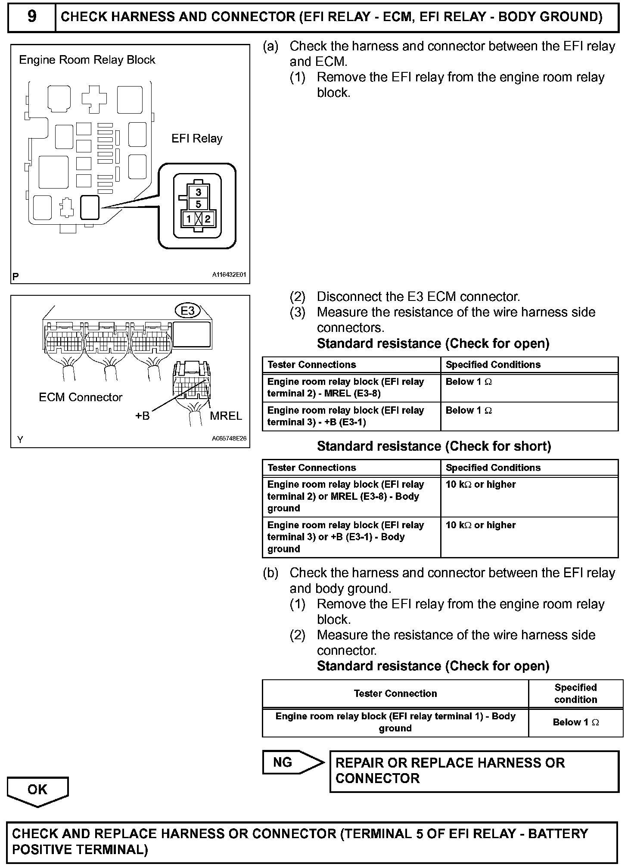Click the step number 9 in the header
[31, 17]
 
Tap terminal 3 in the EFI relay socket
[198, 192]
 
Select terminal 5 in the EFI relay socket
[198, 204]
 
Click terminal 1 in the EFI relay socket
[189, 219]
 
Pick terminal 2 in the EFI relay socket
[208, 219]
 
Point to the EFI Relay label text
[197, 139]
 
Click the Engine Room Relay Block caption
[87, 60]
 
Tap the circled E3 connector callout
[188, 310]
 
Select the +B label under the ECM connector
[142, 416]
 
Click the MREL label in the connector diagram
[226, 416]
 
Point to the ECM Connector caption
[81, 397]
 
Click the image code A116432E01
[229, 275]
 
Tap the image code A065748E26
[229, 439]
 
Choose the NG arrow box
[293, 762]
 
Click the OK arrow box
[37, 790]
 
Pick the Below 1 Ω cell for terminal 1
[575, 722]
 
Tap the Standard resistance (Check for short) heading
[434, 446]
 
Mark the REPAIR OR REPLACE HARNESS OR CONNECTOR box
[474, 771]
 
